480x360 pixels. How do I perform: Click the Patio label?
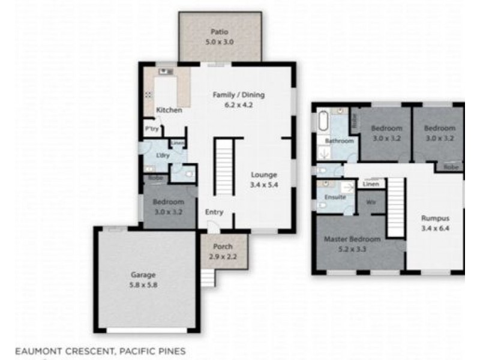coord(219,32)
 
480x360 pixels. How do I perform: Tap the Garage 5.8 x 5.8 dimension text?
coord(143,286)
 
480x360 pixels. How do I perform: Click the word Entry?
coord(214,212)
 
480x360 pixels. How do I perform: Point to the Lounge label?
coord(264,175)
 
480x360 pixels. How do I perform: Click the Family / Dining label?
coord(239,95)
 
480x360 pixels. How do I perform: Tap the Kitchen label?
coord(169,110)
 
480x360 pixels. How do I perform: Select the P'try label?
coord(150,128)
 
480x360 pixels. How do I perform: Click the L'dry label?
coord(161,156)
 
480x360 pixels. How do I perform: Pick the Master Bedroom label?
coord(352,239)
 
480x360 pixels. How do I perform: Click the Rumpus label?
coord(434,218)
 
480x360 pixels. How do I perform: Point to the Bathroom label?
coord(339,141)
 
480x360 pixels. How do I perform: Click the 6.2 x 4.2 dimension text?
coord(239,105)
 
